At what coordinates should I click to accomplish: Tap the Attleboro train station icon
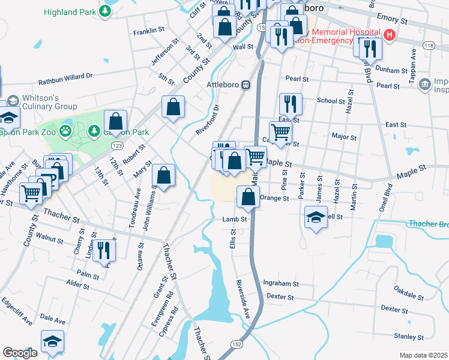(x=246, y=85)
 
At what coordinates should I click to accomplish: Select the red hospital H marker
(x=390, y=35)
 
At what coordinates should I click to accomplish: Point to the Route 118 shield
(x=428, y=46)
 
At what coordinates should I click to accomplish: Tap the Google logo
(x=20, y=353)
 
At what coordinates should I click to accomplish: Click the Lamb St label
(x=235, y=220)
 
